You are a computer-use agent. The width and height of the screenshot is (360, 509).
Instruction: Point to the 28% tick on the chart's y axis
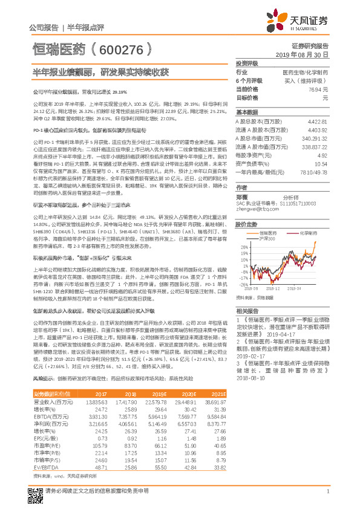click(x=244, y=247)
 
